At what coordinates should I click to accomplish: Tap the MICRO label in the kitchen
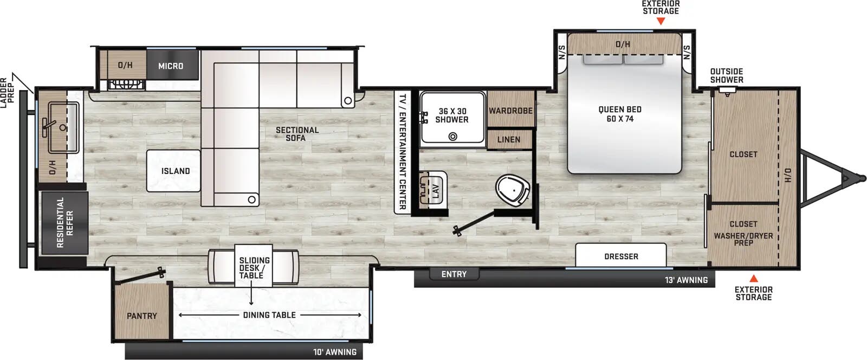pyautogui.click(x=171, y=66)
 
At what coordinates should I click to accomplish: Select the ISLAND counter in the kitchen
pyautogui.click(x=175, y=171)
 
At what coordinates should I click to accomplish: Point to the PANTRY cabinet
pyautogui.click(x=142, y=316)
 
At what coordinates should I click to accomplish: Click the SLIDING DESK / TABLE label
pyautogui.click(x=254, y=268)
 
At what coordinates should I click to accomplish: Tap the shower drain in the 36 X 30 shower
pyautogui.click(x=452, y=137)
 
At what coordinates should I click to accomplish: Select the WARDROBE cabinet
pyautogui.click(x=510, y=111)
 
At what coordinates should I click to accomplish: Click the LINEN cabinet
pyautogui.click(x=508, y=139)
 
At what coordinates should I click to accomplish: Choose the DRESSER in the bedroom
pyautogui.click(x=621, y=256)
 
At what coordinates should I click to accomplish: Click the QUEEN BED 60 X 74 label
pyautogui.click(x=620, y=114)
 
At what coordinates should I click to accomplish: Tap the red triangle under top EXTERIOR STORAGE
pyautogui.click(x=661, y=22)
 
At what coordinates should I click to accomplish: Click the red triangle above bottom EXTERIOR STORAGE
pyautogui.click(x=753, y=278)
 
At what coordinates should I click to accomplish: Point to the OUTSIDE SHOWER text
pyautogui.click(x=727, y=75)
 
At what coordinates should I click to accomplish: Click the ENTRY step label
pyautogui.click(x=454, y=274)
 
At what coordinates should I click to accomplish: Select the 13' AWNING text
pyautogui.click(x=686, y=280)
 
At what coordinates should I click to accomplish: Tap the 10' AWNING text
pyautogui.click(x=335, y=352)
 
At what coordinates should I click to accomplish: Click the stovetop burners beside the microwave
pyautogui.click(x=126, y=85)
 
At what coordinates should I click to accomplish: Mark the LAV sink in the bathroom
pyautogui.click(x=433, y=189)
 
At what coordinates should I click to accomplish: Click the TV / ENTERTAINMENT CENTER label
pyautogui.click(x=402, y=152)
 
